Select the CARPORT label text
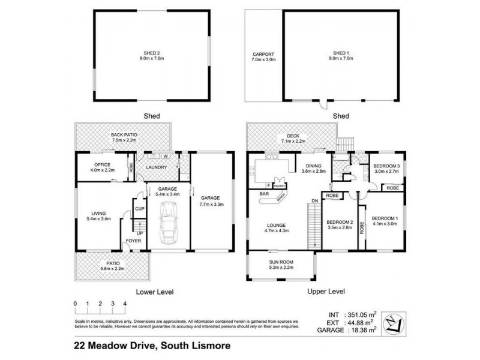pos(262,55)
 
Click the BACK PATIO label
pos(124,136)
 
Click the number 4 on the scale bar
pos(125,305)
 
